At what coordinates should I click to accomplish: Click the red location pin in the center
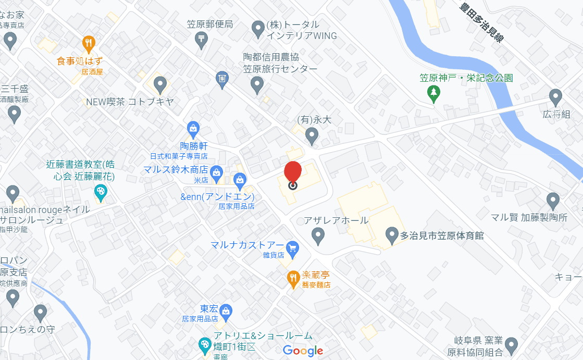tap(293, 174)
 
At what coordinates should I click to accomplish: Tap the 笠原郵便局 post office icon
tap(202, 38)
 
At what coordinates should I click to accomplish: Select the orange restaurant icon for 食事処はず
tap(89, 43)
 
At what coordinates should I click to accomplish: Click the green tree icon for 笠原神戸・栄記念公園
tap(433, 93)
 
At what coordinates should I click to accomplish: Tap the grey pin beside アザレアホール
tap(318, 236)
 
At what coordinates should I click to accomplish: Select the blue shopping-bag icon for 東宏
tap(226, 312)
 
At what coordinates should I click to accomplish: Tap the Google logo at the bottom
tap(303, 351)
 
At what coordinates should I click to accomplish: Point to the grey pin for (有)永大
tap(312, 136)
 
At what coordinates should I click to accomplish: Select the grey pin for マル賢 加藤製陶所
tap(553, 200)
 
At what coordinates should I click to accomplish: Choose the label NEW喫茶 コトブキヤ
tap(130, 102)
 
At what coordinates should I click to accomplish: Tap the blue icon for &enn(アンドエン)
tap(240, 181)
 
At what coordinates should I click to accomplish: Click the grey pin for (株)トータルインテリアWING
tap(258, 29)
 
